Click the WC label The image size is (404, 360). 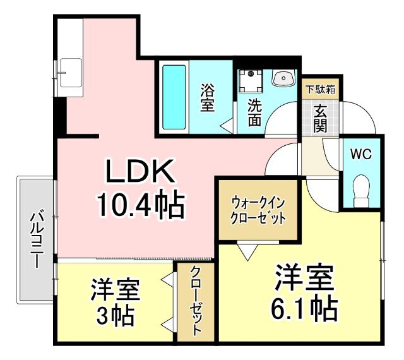tap(361, 154)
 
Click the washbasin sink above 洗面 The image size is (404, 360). tap(283, 78)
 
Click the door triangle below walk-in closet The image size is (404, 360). tap(247, 251)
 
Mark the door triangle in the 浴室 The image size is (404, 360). tap(225, 125)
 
